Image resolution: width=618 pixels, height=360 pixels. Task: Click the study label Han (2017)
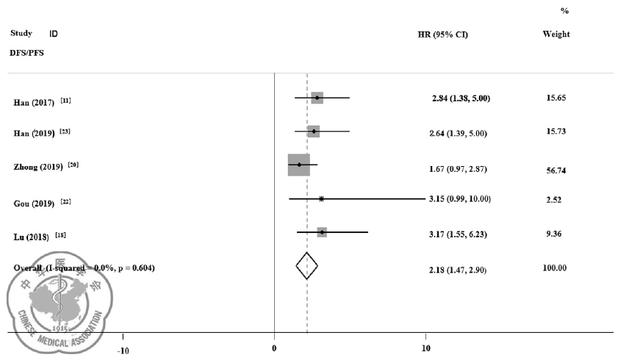(34, 102)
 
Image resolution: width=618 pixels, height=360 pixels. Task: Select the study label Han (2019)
(34, 134)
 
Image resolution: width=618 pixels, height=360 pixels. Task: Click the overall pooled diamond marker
(307, 266)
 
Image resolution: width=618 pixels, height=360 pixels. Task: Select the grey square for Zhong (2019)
(299, 165)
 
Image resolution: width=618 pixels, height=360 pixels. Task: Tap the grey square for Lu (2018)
(322, 232)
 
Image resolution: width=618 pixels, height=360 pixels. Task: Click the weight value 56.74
(555, 170)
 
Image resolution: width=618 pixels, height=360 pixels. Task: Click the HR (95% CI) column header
(442, 35)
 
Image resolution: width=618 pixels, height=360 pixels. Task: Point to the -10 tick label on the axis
(123, 350)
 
